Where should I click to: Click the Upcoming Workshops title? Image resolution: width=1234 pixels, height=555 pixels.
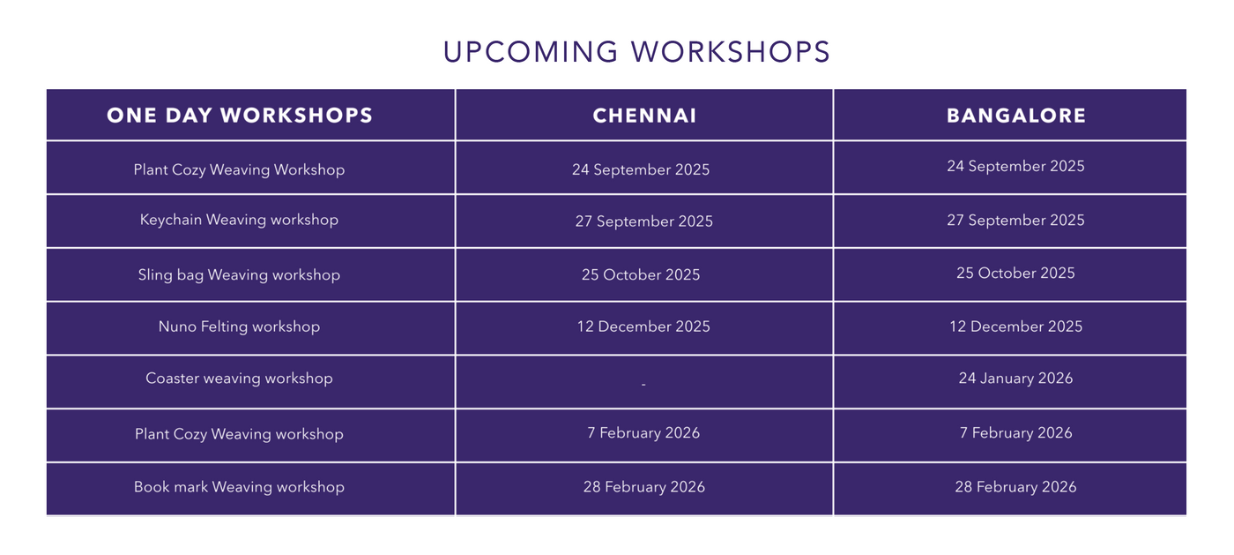pyautogui.click(x=636, y=52)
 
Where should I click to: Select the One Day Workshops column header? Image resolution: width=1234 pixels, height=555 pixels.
pyautogui.click(x=240, y=116)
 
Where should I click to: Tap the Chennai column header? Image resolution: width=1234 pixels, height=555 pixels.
pyautogui.click(x=644, y=116)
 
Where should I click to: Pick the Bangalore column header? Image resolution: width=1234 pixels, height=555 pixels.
pyautogui.click(x=1015, y=116)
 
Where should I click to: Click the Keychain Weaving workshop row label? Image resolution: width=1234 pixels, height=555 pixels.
pyautogui.click(x=239, y=220)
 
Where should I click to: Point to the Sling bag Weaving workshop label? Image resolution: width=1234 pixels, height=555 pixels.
pyautogui.click(x=239, y=274)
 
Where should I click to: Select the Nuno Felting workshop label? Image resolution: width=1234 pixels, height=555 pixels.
pyautogui.click(x=239, y=326)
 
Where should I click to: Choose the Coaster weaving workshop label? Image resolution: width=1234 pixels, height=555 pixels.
pyautogui.click(x=239, y=379)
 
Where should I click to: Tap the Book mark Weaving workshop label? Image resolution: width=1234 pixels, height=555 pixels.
pyautogui.click(x=239, y=486)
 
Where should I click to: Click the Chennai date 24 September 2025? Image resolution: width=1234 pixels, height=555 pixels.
pyautogui.click(x=641, y=169)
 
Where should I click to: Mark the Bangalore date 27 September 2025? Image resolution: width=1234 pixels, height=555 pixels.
pyautogui.click(x=1015, y=220)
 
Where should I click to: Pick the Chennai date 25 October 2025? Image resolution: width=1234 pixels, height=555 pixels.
pyautogui.click(x=641, y=274)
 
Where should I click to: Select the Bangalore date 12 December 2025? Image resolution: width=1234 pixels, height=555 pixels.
pyautogui.click(x=1015, y=326)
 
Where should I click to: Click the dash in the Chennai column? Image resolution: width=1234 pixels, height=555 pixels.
pyautogui.click(x=643, y=384)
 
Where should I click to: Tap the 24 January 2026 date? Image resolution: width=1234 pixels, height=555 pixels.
pyautogui.click(x=1015, y=379)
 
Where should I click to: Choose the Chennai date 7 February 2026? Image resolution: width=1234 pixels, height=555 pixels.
pyautogui.click(x=643, y=433)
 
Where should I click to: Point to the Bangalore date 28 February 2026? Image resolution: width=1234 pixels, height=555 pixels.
pyautogui.click(x=1015, y=486)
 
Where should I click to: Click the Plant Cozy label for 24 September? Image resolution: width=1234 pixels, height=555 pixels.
pyautogui.click(x=239, y=169)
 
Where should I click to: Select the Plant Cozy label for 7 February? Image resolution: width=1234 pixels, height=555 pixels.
pyautogui.click(x=239, y=434)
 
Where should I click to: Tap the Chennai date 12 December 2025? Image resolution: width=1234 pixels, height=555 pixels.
pyautogui.click(x=643, y=326)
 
